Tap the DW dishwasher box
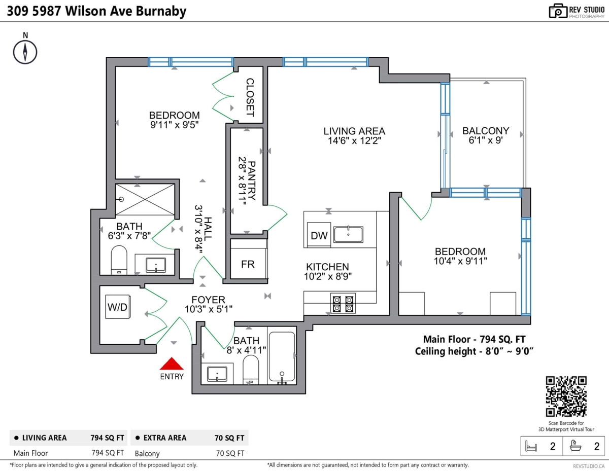pyautogui.click(x=319, y=235)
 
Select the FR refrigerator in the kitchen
pyautogui.click(x=248, y=264)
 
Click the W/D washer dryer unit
pyautogui.click(x=118, y=307)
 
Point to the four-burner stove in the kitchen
pyautogui.click(x=343, y=303)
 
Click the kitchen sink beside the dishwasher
pyautogui.click(x=348, y=234)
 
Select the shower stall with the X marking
pyautogui.click(x=145, y=200)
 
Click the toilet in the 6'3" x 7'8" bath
pyautogui.click(x=119, y=260)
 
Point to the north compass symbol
pyautogui.click(x=25, y=52)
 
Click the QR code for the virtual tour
pyautogui.click(x=566, y=396)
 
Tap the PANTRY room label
pyautogui.click(x=251, y=180)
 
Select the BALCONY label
pyautogui.click(x=486, y=131)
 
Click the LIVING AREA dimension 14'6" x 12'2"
pyautogui.click(x=355, y=140)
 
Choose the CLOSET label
pyautogui.click(x=250, y=97)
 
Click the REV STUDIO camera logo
pyautogui.click(x=558, y=11)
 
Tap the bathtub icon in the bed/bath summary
pyautogui.click(x=576, y=446)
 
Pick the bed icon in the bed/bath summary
pyautogui.click(x=531, y=446)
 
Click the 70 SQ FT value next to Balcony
pyautogui.click(x=230, y=453)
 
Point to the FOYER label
pyautogui.click(x=208, y=300)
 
